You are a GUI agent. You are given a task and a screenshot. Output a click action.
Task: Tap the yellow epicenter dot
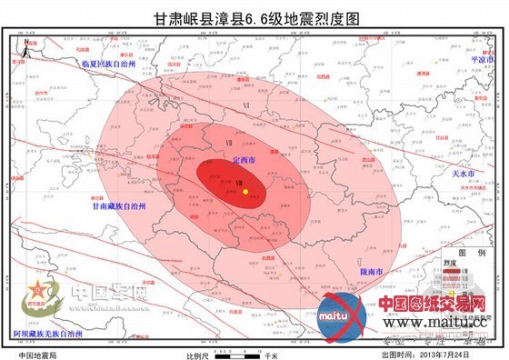point(246,192)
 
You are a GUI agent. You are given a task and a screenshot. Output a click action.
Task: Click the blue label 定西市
point(244,160)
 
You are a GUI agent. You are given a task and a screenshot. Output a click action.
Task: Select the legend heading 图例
point(470,252)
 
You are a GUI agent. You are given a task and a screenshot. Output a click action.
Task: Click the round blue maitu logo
point(342,314)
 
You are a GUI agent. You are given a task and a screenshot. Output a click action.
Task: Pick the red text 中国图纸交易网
point(432,304)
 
